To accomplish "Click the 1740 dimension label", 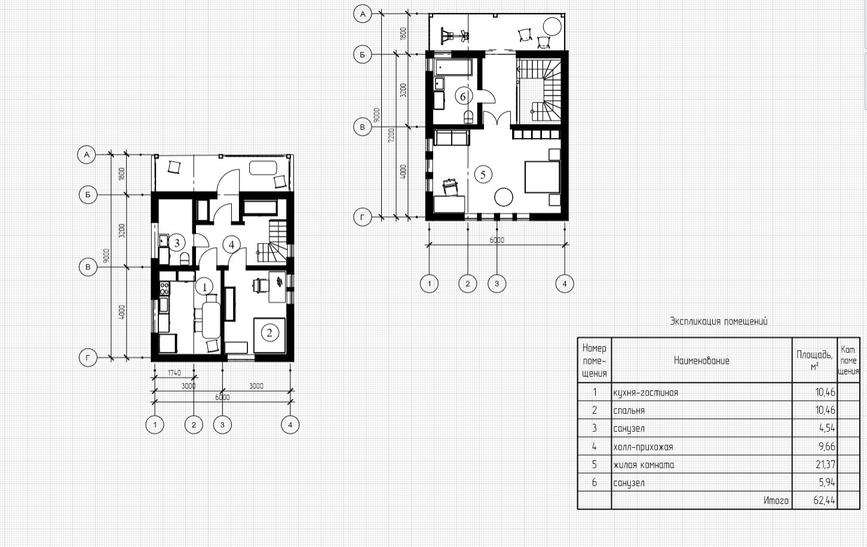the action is click(x=174, y=373).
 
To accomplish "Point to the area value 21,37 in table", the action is click(x=825, y=464).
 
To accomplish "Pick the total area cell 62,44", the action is click(x=824, y=500).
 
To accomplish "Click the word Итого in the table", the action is click(x=777, y=500).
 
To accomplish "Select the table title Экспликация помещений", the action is click(x=718, y=321).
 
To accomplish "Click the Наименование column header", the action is click(x=701, y=361).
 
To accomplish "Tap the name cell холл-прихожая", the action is click(x=644, y=447).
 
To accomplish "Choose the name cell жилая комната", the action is click(x=644, y=465).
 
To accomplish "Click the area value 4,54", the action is click(x=827, y=428).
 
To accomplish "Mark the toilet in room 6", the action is click(x=468, y=117).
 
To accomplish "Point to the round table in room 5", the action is click(x=504, y=197).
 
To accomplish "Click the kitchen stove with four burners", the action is click(x=164, y=288).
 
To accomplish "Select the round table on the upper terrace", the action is click(x=552, y=27).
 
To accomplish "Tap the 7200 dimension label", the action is click(x=391, y=135).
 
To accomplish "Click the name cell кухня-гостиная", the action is click(x=645, y=393).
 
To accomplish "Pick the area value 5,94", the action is click(x=827, y=483).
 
